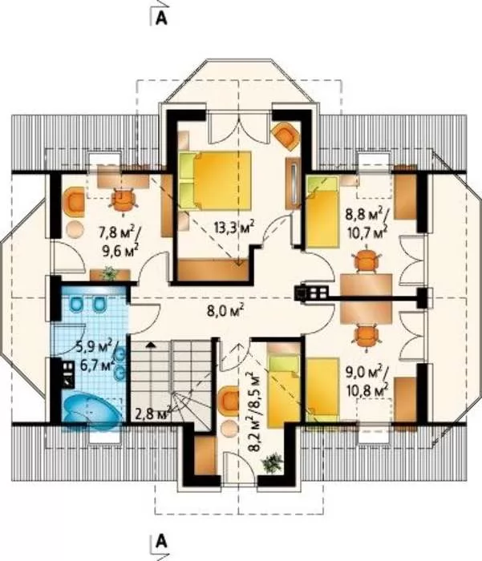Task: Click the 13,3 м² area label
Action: [234, 227]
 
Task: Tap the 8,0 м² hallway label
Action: [225, 310]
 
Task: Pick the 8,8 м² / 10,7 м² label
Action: [367, 223]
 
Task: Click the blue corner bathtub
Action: [92, 410]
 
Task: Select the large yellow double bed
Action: [214, 180]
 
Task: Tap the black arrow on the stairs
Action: [152, 345]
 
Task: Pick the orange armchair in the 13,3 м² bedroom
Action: [286, 135]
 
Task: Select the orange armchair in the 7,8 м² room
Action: [74, 203]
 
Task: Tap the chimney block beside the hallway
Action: [311, 293]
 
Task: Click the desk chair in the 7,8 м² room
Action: [124, 201]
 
